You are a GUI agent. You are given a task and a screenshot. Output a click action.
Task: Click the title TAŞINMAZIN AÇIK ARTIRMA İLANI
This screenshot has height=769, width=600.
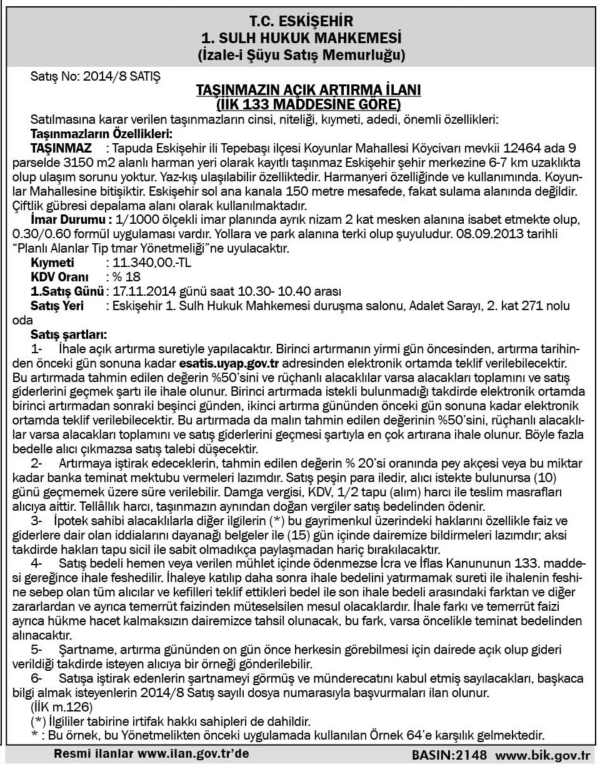click(309, 91)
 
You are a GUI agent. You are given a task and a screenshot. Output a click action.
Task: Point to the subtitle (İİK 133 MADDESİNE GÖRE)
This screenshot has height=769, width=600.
click(309, 103)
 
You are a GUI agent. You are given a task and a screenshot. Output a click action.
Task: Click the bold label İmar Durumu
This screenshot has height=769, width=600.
click(71, 221)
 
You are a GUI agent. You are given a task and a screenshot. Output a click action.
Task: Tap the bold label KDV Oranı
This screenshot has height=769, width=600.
click(59, 276)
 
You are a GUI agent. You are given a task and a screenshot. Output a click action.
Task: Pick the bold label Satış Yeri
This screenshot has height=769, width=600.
click(57, 305)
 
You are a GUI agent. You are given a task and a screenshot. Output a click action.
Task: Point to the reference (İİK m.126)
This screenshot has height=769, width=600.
click(62, 706)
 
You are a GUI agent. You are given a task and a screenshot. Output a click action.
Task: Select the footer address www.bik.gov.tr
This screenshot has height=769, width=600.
click(542, 755)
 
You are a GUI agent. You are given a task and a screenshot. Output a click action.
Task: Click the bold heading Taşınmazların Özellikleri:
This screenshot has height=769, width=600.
click(101, 133)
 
